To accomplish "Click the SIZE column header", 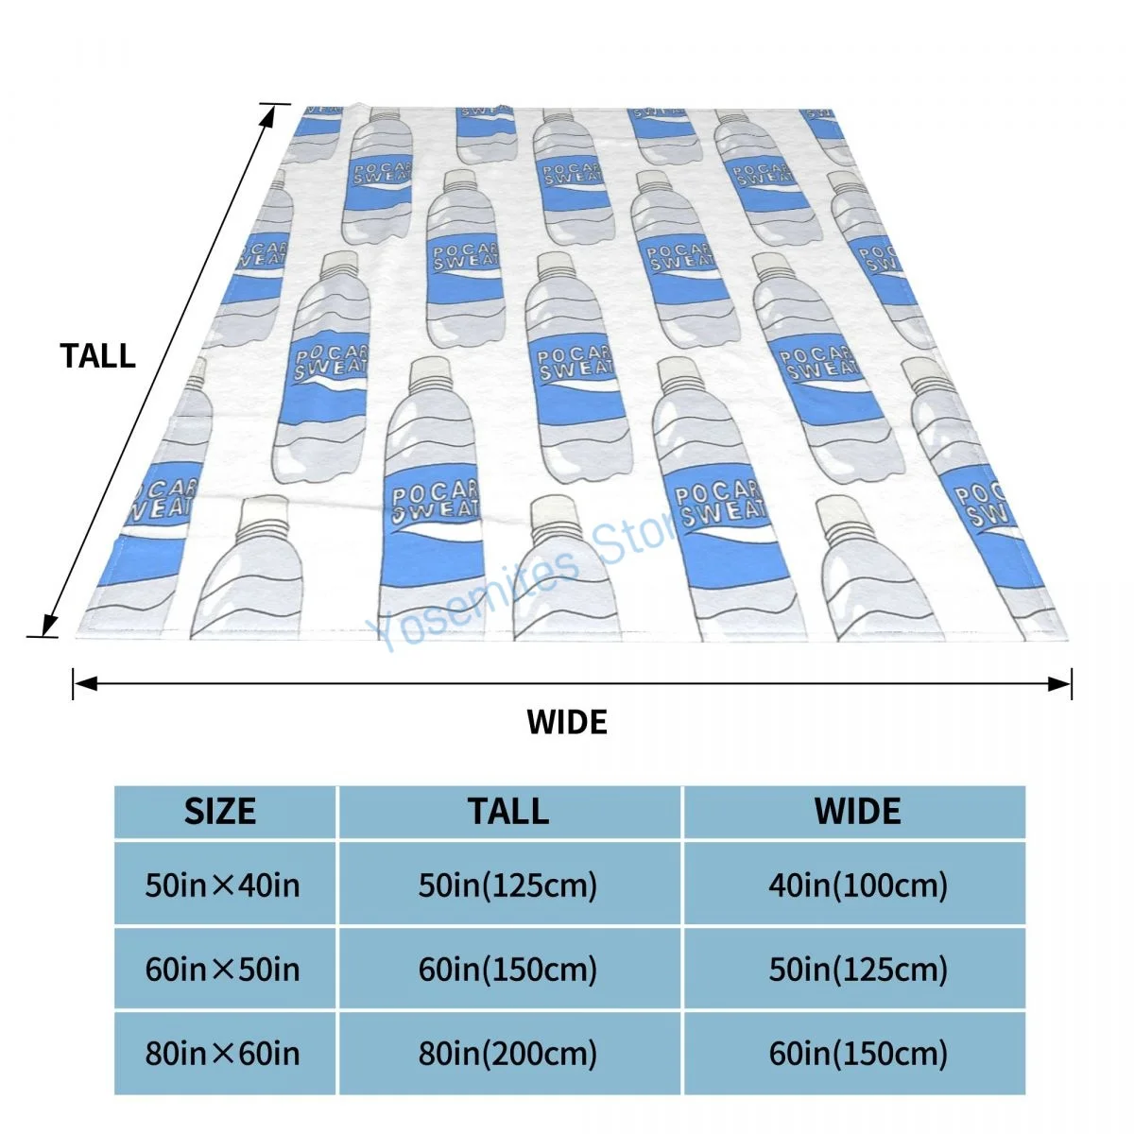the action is pyautogui.click(x=220, y=812).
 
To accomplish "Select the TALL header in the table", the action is pyautogui.click(x=508, y=812).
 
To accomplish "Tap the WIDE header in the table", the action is pyautogui.click(x=857, y=812).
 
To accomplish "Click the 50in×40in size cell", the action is pyautogui.click(x=223, y=885).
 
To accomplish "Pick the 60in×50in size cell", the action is pyautogui.click(x=223, y=970).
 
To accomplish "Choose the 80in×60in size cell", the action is pyautogui.click(x=223, y=1054).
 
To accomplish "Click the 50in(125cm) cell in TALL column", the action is pyautogui.click(x=508, y=885).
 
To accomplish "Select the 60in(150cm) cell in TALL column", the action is pyautogui.click(x=508, y=970).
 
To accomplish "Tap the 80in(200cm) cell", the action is pyautogui.click(x=508, y=1054).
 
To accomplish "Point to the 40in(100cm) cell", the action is pyautogui.click(x=857, y=885).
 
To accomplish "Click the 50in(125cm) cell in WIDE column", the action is pyautogui.click(x=857, y=970).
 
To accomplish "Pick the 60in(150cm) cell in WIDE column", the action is pyautogui.click(x=857, y=1054).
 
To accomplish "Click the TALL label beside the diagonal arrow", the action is pyautogui.click(x=98, y=356).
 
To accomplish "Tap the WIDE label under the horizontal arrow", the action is pyautogui.click(x=567, y=723).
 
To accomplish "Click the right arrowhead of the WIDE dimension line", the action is pyautogui.click(x=1062, y=683).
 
